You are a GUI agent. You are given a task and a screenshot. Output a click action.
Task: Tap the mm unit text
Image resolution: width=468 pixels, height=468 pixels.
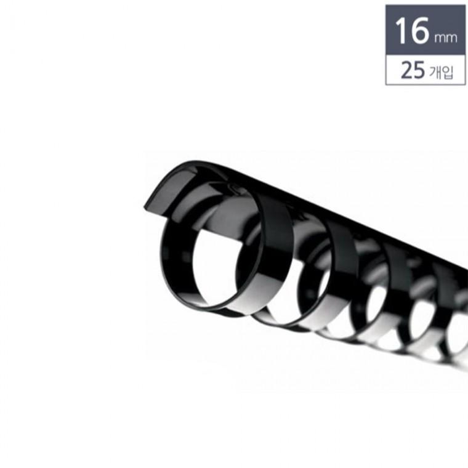click(446, 38)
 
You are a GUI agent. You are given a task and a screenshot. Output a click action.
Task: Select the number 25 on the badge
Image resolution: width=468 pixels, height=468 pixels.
click(413, 70)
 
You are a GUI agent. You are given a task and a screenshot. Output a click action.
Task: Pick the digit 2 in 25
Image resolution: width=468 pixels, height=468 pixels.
click(406, 70)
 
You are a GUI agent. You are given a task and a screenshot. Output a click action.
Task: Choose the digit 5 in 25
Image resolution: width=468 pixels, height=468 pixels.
click(419, 70)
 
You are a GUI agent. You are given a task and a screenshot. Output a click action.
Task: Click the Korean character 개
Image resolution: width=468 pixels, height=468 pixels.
click(435, 72)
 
